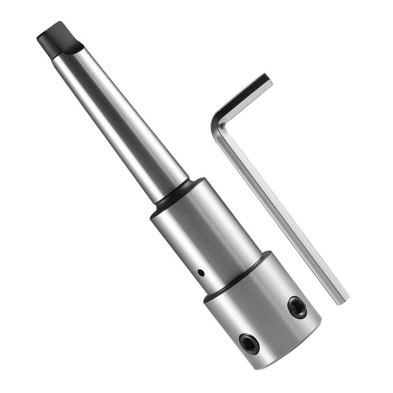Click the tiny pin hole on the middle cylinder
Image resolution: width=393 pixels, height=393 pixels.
[200, 273]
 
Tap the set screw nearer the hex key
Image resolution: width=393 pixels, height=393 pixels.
[297, 306]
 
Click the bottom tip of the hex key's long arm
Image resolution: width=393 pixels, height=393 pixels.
[339, 298]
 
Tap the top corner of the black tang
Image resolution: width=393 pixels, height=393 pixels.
[49, 26]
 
